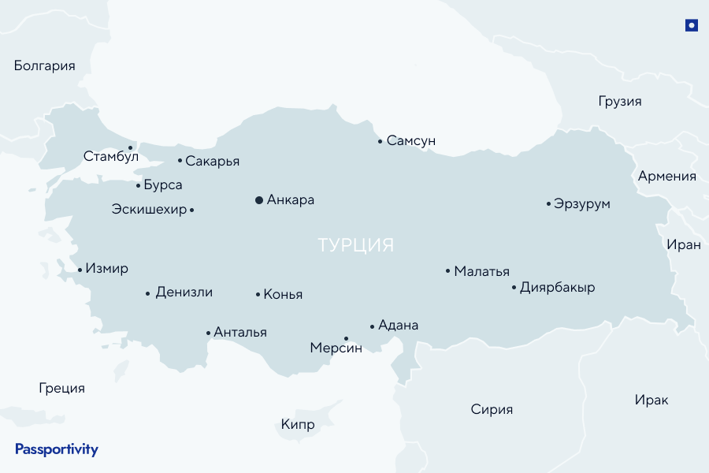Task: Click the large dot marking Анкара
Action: coord(259,200)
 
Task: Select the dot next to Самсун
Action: coord(380,142)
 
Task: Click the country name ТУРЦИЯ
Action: coord(355,245)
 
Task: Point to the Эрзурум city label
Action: coord(582,204)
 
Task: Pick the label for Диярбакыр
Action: coord(558,288)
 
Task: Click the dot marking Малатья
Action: coord(447,271)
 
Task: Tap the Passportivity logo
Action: coord(57,449)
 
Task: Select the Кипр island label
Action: coord(298,425)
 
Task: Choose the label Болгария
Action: coord(45,66)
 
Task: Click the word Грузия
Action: coord(620,102)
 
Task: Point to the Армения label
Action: coord(667,177)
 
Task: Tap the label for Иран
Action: coord(683,244)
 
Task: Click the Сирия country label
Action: coord(492,409)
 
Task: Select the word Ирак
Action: coord(651,400)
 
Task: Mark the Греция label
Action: coord(61,388)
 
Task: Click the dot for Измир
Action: coord(80,270)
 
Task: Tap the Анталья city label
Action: coord(240,333)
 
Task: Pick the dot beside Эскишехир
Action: coord(192,210)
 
